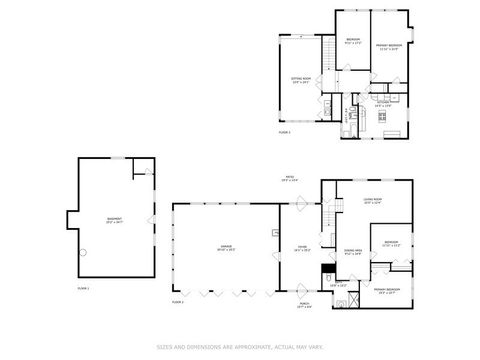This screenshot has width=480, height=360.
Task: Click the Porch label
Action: click(305, 306)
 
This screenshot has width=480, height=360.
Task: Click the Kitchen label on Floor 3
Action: click(383, 103)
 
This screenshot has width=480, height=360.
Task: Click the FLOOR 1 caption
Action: click(83, 288)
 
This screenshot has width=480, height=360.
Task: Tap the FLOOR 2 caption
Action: click(177, 300)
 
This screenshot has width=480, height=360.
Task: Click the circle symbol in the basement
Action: click(85, 250)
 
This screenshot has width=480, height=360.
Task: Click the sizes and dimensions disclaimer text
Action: click(240, 348)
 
